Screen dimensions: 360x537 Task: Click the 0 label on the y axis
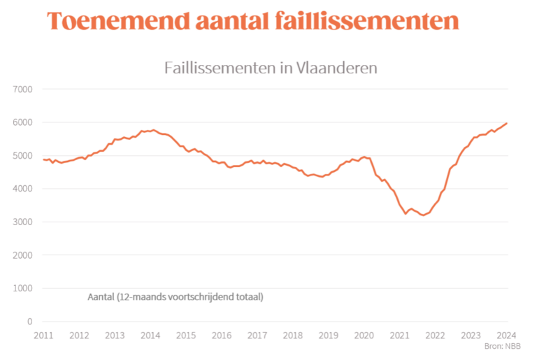click(30, 322)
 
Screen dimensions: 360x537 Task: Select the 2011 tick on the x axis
click(43, 336)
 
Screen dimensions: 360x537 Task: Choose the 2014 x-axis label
click(150, 336)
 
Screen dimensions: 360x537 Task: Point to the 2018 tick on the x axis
click(293, 336)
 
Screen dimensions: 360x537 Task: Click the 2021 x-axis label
click(399, 336)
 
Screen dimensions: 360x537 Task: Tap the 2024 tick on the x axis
click(506, 336)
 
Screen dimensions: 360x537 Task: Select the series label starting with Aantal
click(175, 297)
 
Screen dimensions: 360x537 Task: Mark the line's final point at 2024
click(507, 123)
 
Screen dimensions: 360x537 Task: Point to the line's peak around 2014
click(154, 129)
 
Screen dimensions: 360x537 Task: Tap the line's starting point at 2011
click(43, 159)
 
